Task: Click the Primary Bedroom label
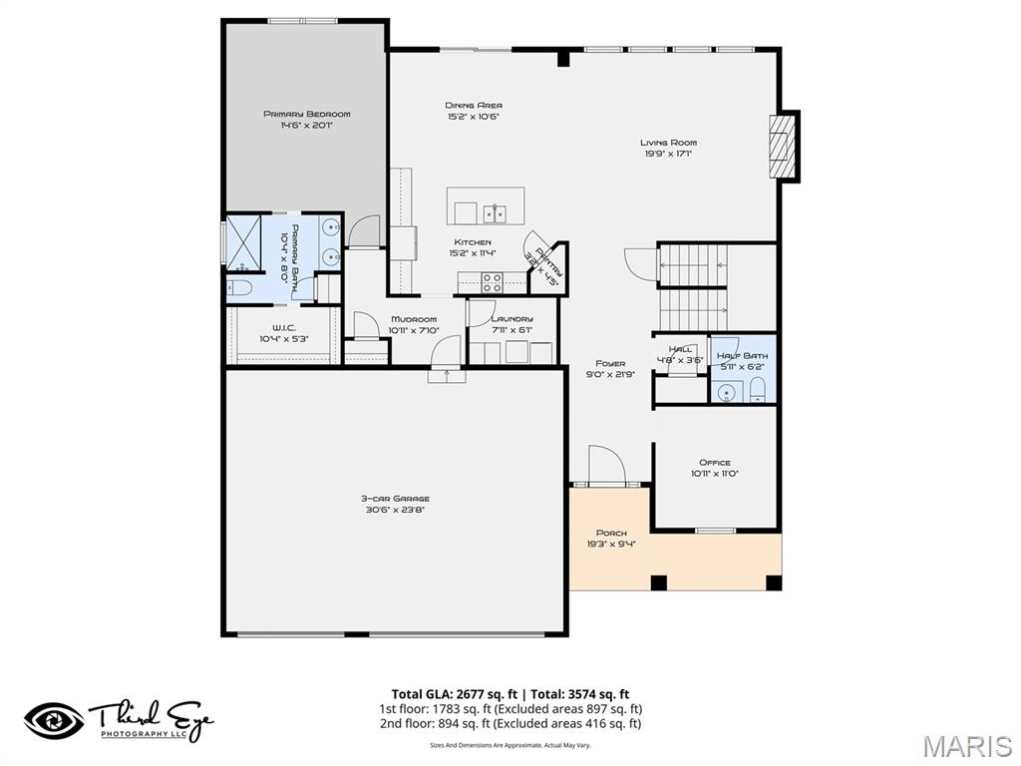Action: [x=306, y=114]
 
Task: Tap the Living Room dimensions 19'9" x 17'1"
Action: [x=668, y=154]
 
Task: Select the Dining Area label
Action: [x=473, y=105]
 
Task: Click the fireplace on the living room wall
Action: [x=784, y=146]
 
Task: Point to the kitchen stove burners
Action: [x=492, y=282]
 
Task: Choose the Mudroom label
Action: [x=413, y=319]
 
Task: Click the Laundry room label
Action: [x=511, y=319]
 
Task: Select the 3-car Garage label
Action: [x=394, y=498]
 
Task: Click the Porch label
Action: [x=611, y=534]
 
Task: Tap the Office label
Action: [x=714, y=462]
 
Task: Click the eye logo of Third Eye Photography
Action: [x=54, y=720]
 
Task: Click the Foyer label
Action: [x=610, y=363]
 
